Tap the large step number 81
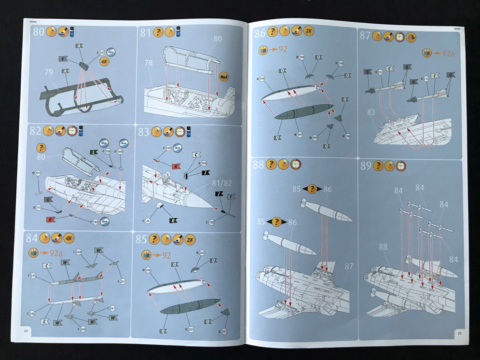[146, 33]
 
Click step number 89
[366, 166]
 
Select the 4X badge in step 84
[69, 238]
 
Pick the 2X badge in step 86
[309, 32]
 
